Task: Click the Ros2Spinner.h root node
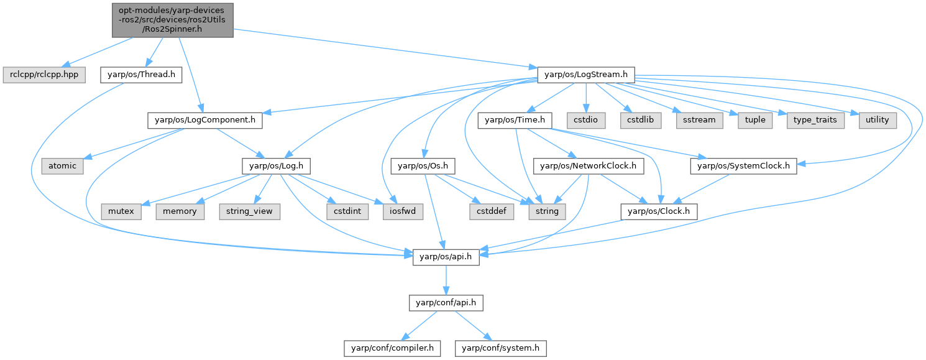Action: (173, 21)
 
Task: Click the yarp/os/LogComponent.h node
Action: (204, 120)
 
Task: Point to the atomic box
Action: (62, 166)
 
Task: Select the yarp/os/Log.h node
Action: (276, 166)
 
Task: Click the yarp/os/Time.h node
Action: (511, 120)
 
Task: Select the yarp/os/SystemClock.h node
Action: (743, 166)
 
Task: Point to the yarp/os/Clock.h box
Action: (658, 211)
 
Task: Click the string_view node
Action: (249, 211)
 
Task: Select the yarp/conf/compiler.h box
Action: (392, 348)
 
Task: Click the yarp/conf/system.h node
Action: (500, 348)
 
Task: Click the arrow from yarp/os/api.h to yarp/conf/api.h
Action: (446, 280)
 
